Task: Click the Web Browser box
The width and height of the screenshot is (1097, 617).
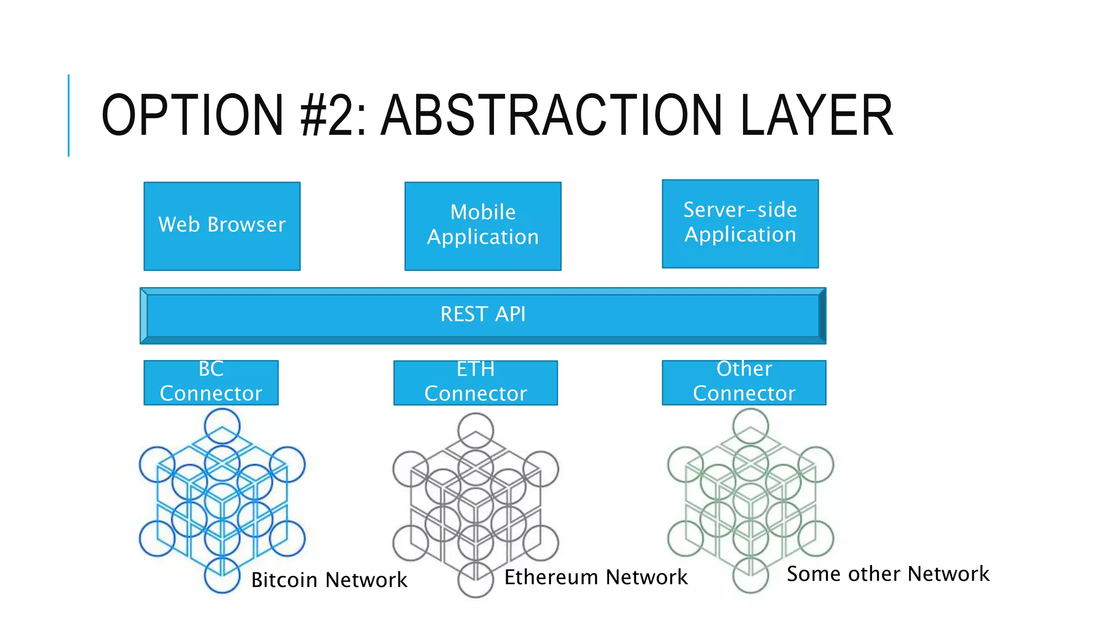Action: coord(222,226)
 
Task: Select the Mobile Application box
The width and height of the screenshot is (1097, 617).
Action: coord(483,226)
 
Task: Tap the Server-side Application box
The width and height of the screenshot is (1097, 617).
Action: coord(740,223)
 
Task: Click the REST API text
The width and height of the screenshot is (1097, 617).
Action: coord(483,314)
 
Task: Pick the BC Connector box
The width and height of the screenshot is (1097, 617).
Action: coord(211,382)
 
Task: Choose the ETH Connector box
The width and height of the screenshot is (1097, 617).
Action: coord(475,382)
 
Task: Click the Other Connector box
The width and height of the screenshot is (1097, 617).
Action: coord(743,382)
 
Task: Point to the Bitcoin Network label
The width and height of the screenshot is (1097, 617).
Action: coord(329,580)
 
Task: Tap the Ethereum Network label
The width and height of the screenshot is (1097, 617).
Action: coord(596,577)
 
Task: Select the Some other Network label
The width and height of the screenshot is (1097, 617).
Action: coord(888,574)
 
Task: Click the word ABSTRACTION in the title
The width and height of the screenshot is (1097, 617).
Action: coord(552,115)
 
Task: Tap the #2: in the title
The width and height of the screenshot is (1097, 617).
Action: coord(333,115)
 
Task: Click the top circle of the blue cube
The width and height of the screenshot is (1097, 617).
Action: coord(222,426)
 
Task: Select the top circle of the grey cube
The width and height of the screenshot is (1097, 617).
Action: coord(475,430)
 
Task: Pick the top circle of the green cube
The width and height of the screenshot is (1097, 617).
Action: coord(750,426)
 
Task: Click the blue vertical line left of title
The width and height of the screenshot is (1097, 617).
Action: coord(69,115)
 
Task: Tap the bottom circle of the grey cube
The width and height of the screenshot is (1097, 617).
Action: coord(475,580)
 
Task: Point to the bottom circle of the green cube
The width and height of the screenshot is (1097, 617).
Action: coord(750,575)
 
